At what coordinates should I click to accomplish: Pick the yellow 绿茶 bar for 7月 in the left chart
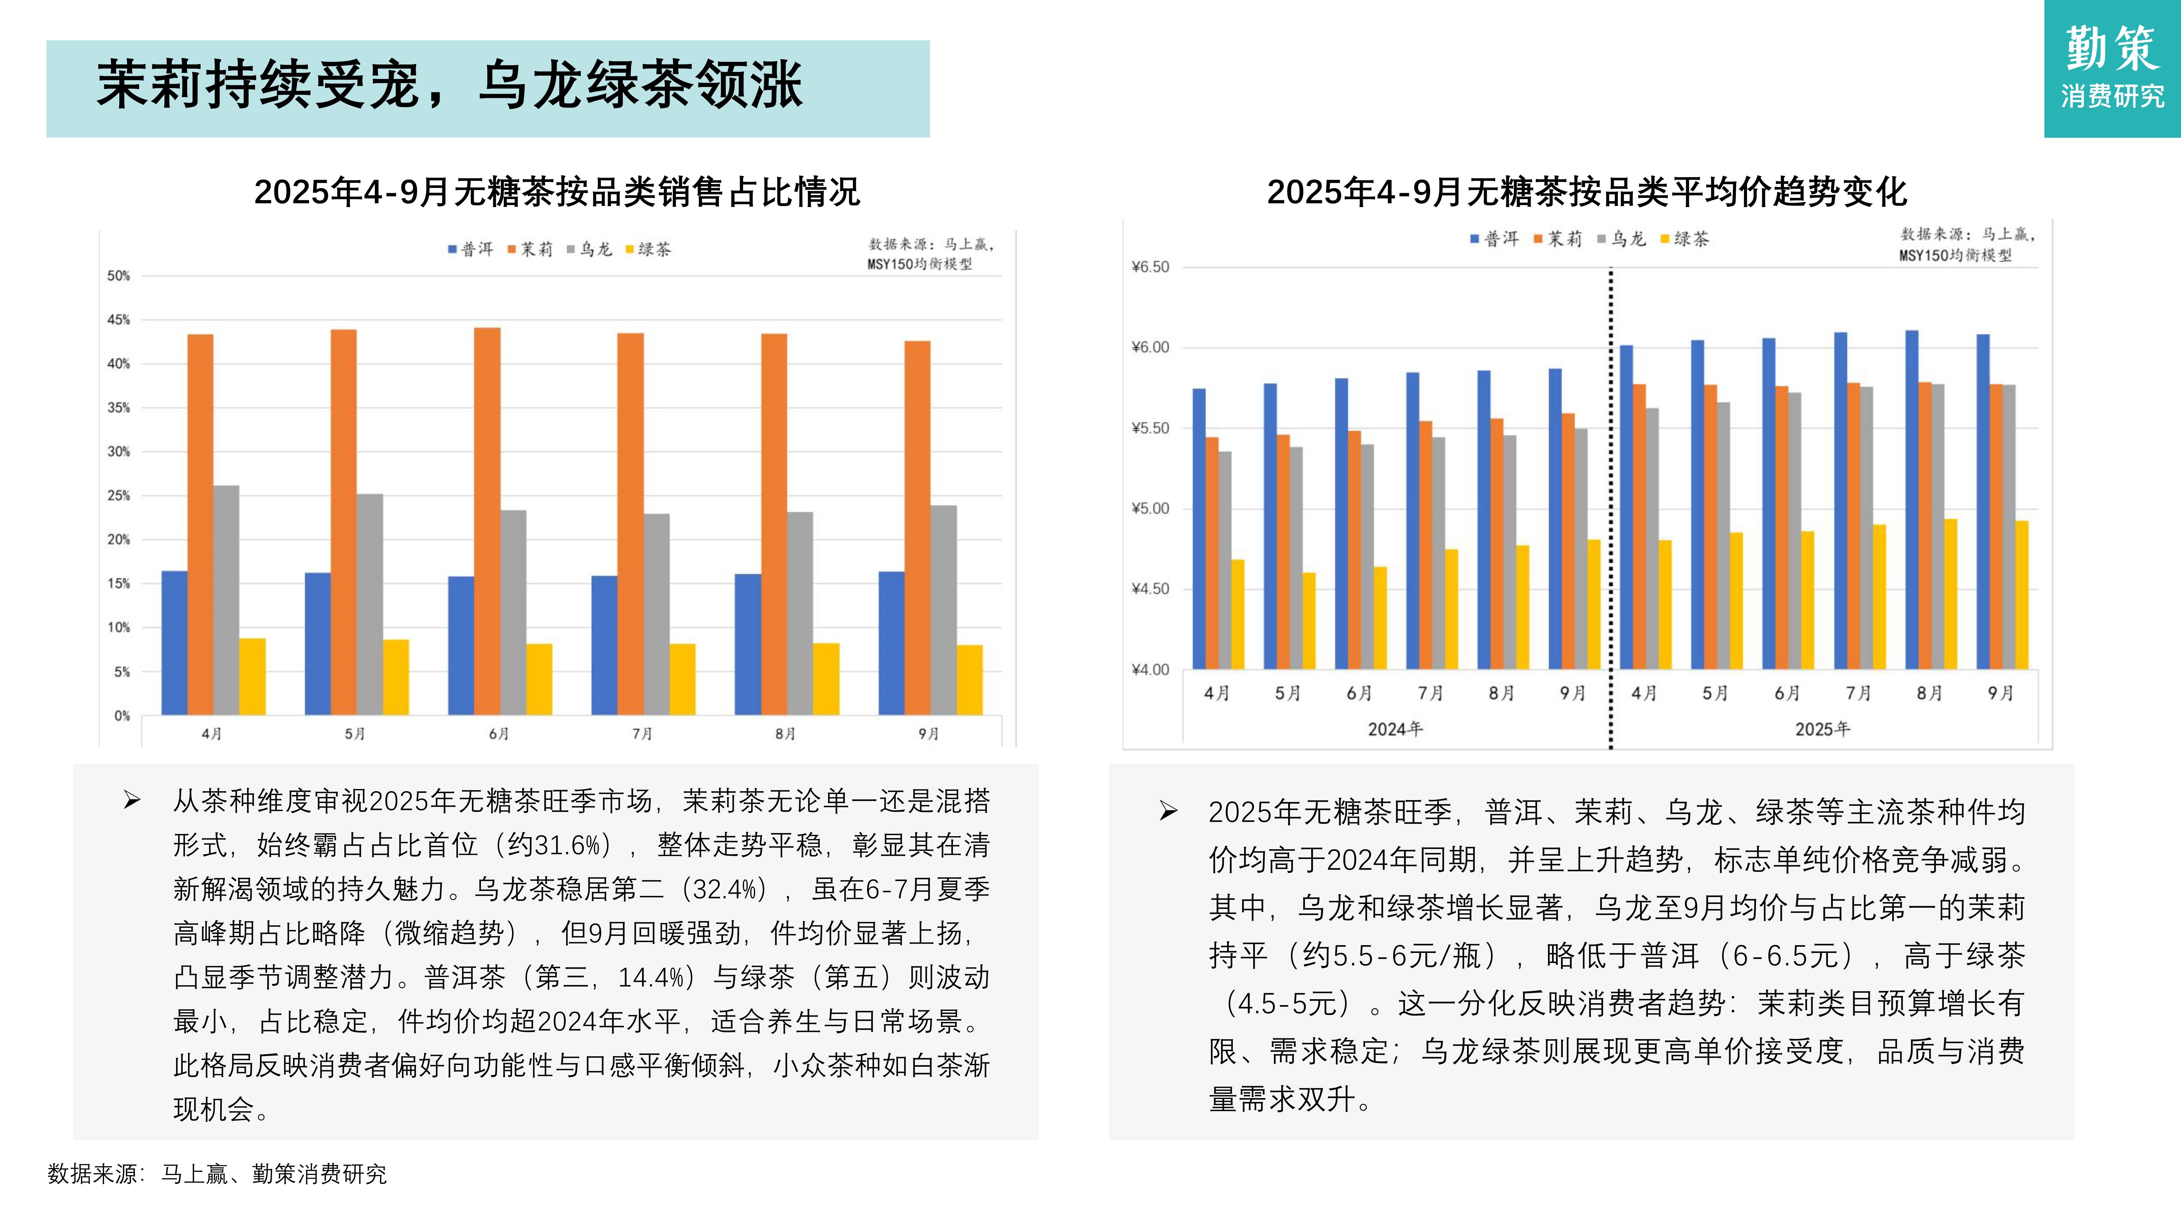pyautogui.click(x=682, y=679)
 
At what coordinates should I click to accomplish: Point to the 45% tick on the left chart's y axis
pyautogui.click(x=118, y=320)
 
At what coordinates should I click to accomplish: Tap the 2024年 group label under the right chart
pyautogui.click(x=1395, y=729)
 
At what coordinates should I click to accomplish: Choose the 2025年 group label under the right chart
pyautogui.click(x=1823, y=729)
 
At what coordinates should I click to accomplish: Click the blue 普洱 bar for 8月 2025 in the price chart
pyautogui.click(x=1912, y=500)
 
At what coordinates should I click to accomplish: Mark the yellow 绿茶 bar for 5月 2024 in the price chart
pyautogui.click(x=1309, y=621)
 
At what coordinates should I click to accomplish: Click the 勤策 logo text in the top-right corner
pyautogui.click(x=2113, y=49)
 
